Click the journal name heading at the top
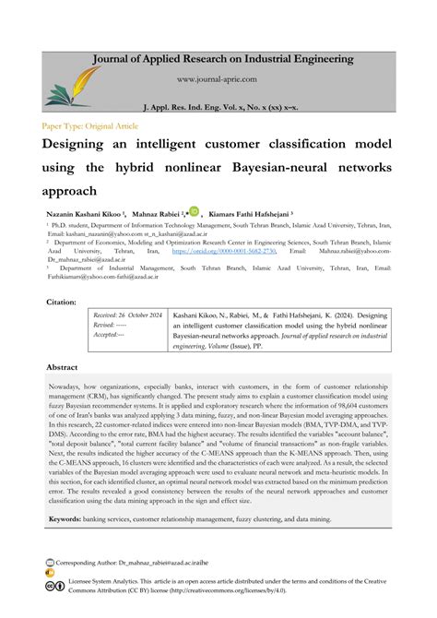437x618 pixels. [221, 59]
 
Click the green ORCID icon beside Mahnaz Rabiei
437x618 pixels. [194, 211]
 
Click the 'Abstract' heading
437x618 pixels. [63, 366]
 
